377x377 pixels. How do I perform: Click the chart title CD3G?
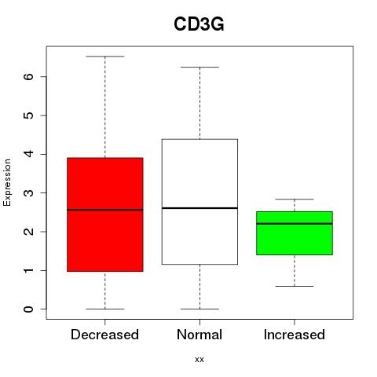199,24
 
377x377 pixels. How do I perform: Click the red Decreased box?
105,214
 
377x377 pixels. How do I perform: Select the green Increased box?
295,233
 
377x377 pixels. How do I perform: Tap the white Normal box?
199,202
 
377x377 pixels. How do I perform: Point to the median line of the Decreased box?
105,210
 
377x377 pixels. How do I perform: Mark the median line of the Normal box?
199,208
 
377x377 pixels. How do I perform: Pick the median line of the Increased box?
295,224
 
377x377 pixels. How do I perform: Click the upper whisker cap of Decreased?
105,57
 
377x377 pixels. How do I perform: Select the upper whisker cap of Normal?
199,68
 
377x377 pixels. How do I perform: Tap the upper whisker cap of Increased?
295,199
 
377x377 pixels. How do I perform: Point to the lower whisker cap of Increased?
295,286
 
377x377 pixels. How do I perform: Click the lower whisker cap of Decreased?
105,309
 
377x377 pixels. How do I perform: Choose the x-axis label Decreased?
104,335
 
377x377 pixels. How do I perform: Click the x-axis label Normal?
199,335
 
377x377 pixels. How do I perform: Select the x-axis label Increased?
295,335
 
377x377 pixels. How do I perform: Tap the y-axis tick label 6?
29,76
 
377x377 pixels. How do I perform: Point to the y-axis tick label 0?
29,309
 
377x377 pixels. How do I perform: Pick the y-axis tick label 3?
29,193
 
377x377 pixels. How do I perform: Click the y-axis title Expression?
7,182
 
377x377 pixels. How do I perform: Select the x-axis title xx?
199,360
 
